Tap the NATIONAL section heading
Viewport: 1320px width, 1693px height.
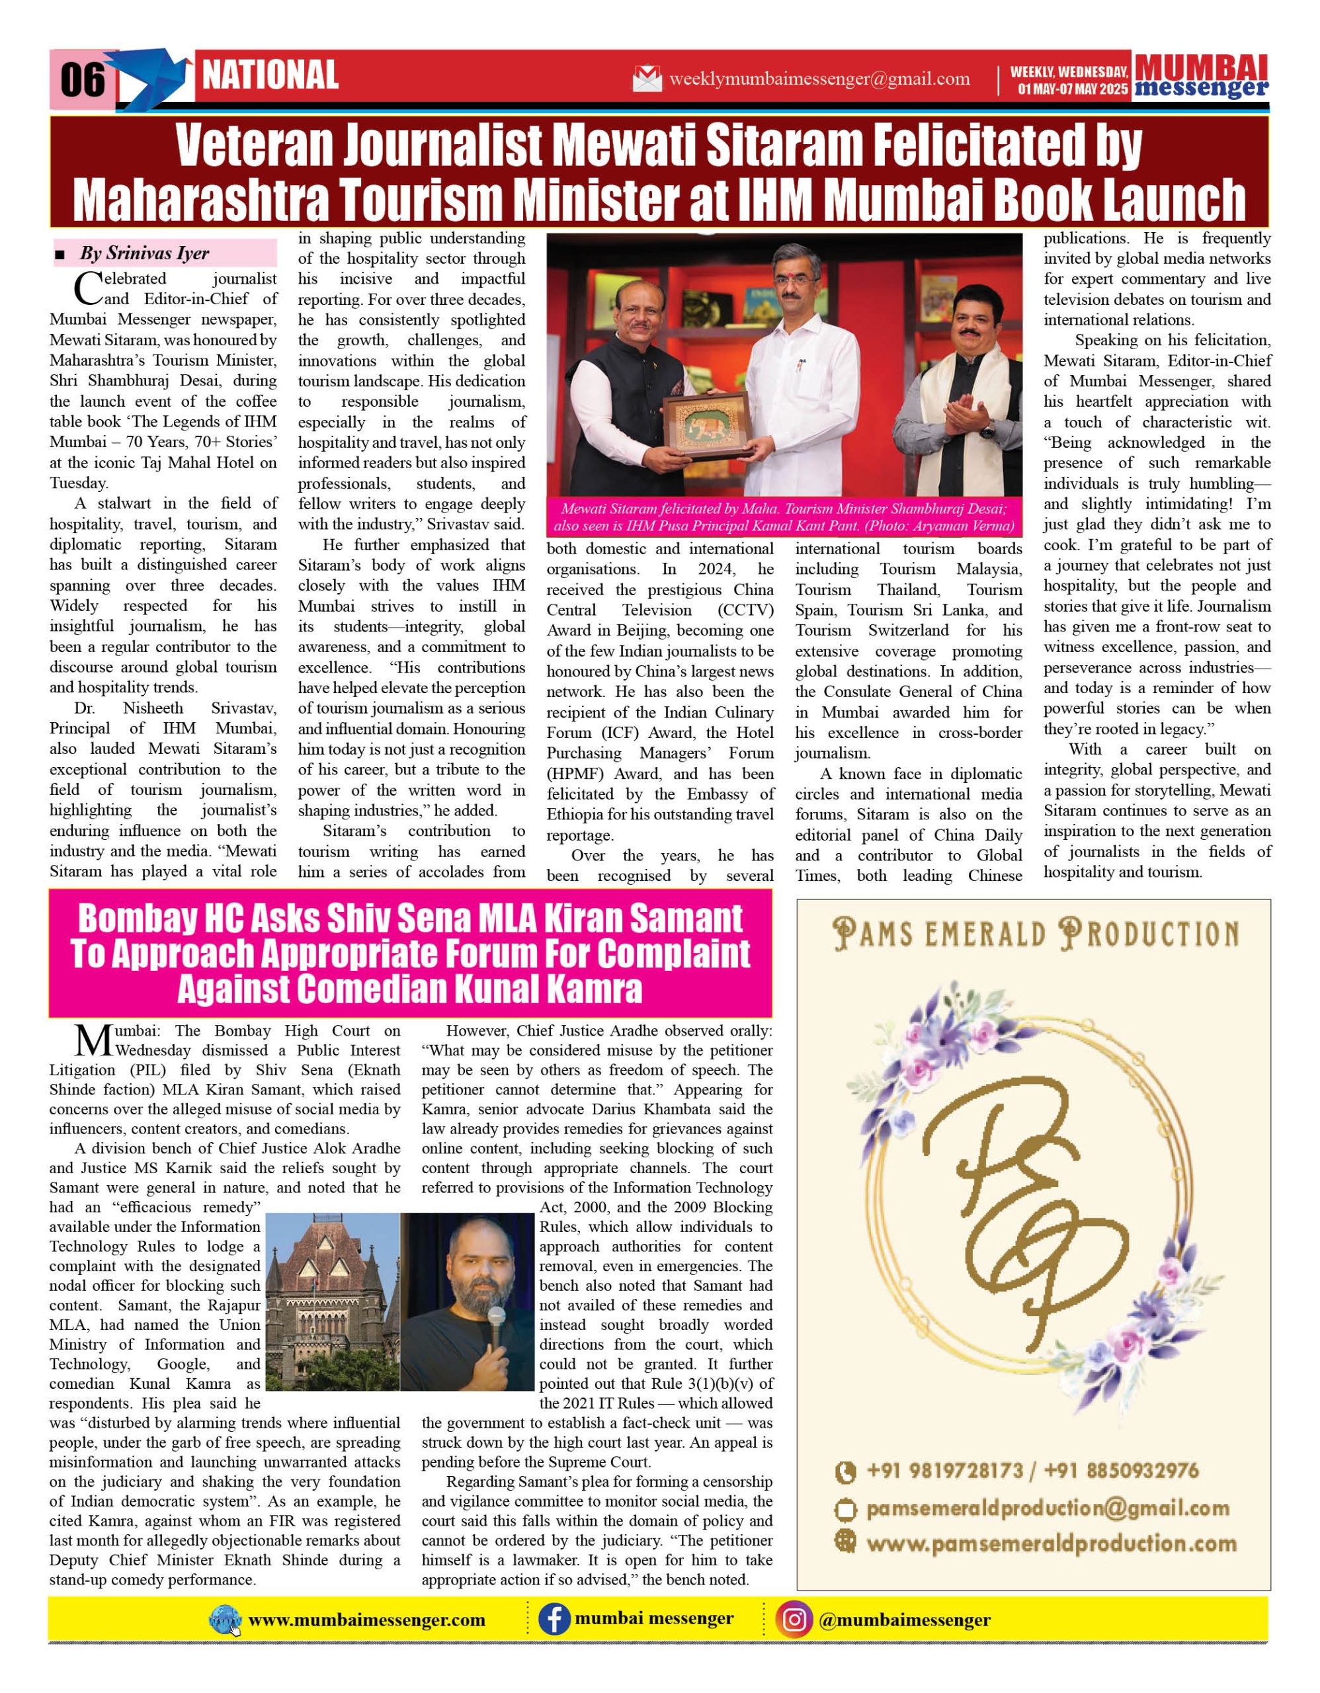pyautogui.click(x=270, y=75)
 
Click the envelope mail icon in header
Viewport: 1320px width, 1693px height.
pyautogui.click(x=647, y=78)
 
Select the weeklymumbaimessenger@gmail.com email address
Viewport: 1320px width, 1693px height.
pyautogui.click(x=819, y=78)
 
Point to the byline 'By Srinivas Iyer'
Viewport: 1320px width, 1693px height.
pyautogui.click(x=144, y=253)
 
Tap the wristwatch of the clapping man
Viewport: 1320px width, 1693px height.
pyautogui.click(x=986, y=431)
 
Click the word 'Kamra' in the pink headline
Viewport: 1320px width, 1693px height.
pyautogui.click(x=595, y=989)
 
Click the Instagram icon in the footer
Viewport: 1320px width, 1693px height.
pyautogui.click(x=794, y=1620)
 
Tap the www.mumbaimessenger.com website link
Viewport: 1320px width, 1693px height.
pyautogui.click(x=366, y=1620)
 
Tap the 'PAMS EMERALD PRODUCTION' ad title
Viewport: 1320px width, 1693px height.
pyautogui.click(x=1036, y=933)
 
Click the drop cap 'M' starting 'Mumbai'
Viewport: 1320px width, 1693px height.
pyautogui.click(x=94, y=1040)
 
